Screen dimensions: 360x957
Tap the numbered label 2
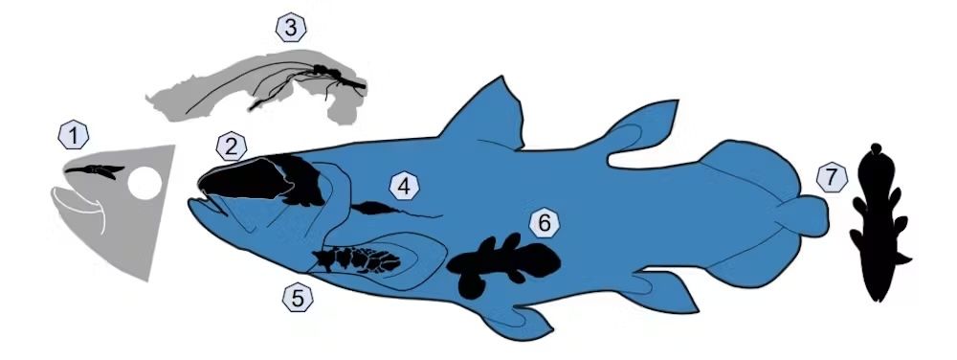(x=232, y=146)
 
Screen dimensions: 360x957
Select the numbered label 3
(x=290, y=28)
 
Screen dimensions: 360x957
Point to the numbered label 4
(x=405, y=187)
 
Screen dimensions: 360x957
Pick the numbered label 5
(x=298, y=298)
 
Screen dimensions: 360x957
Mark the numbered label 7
(x=832, y=177)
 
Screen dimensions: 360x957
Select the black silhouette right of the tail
(x=878, y=230)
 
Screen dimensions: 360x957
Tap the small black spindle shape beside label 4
(x=372, y=207)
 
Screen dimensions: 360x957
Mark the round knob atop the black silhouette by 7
(x=878, y=150)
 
